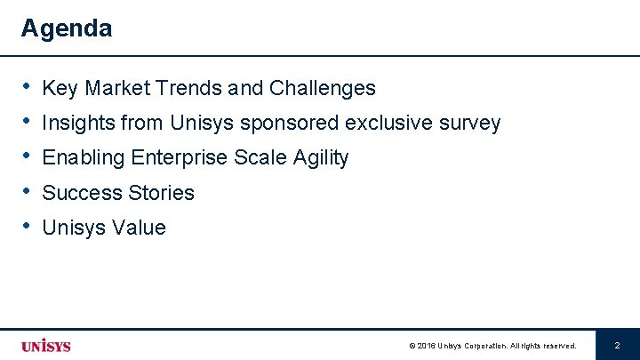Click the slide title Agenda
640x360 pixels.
(x=67, y=28)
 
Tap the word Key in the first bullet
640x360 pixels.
(x=59, y=89)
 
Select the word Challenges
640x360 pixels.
(x=322, y=89)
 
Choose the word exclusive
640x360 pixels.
(x=387, y=124)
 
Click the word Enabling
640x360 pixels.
(x=84, y=158)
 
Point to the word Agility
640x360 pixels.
(x=317, y=158)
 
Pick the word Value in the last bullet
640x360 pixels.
(x=140, y=228)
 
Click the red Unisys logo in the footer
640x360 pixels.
(x=46, y=346)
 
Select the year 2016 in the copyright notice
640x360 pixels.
(x=426, y=346)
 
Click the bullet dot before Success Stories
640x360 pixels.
(x=27, y=192)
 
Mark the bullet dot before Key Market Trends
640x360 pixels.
(x=27, y=87)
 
